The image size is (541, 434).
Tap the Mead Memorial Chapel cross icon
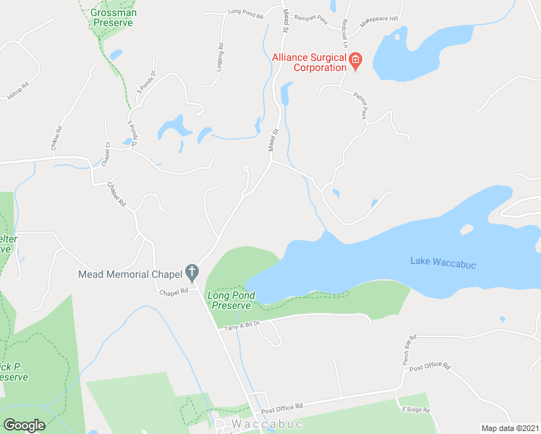click(192, 273)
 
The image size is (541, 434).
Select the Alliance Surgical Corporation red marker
click(355, 63)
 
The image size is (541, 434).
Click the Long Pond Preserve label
click(229, 300)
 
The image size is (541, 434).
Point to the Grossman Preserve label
click(114, 17)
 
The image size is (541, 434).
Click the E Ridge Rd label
click(417, 409)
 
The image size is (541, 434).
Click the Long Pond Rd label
click(244, 12)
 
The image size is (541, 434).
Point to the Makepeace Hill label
click(379, 18)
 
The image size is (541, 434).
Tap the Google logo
click(25, 425)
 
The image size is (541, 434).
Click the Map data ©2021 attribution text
click(510, 428)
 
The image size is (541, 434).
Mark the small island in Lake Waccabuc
click(466, 229)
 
